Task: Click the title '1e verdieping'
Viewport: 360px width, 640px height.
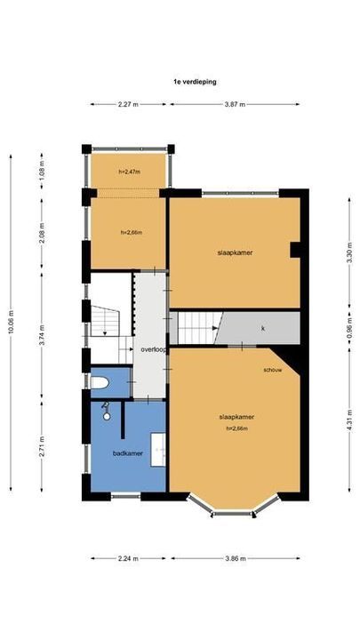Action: tap(196, 81)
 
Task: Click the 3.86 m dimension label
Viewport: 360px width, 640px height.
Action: tap(236, 559)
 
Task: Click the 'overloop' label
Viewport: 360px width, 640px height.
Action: tap(154, 350)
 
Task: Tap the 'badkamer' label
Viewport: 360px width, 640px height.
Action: tap(127, 453)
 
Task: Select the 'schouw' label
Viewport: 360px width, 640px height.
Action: tap(272, 370)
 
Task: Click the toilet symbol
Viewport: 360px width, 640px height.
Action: tap(100, 383)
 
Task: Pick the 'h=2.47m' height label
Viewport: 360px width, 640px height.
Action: tap(131, 172)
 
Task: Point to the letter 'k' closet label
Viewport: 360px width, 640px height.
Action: tap(263, 328)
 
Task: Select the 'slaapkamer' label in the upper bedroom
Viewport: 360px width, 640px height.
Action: tap(235, 252)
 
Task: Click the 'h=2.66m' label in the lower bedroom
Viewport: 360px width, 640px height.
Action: tap(237, 428)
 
